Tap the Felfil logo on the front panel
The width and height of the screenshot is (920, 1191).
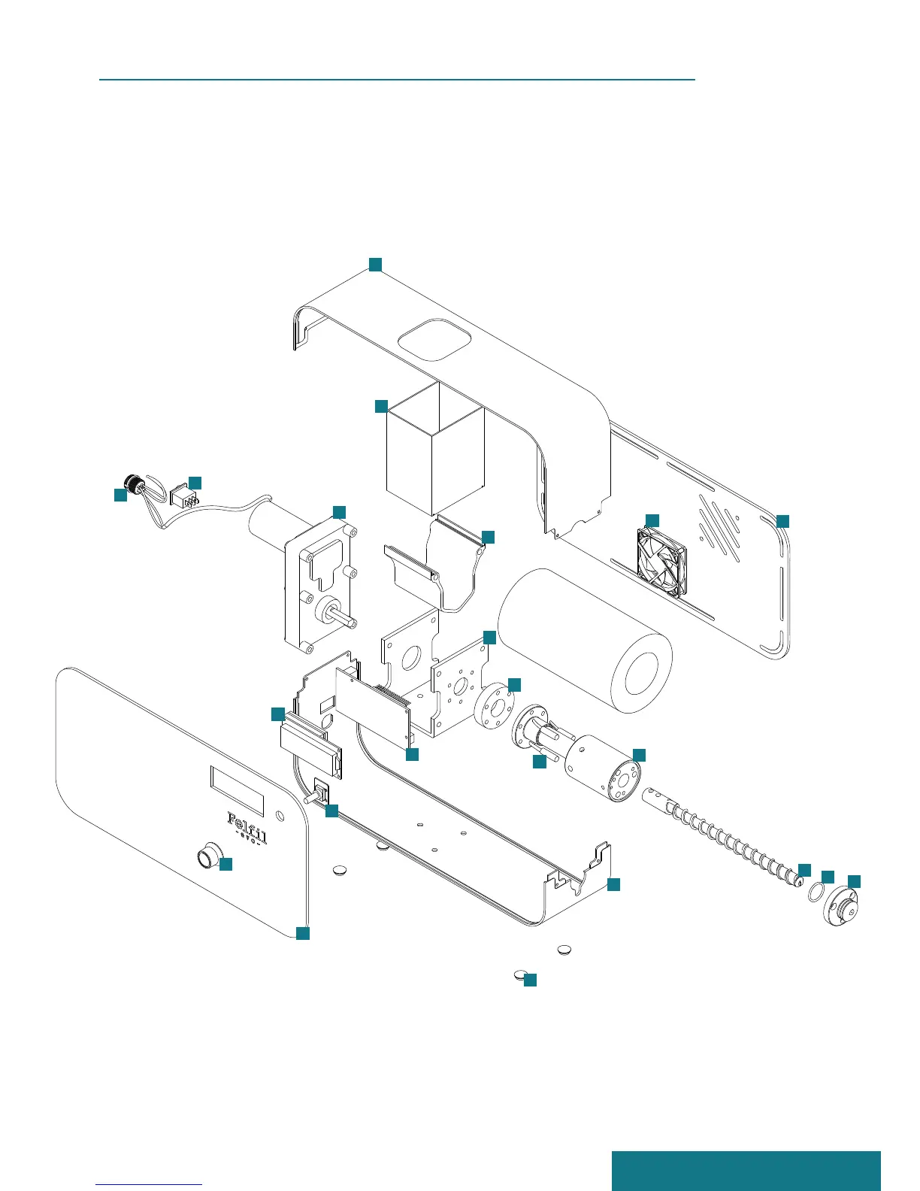(x=247, y=820)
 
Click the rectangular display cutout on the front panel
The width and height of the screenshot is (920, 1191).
(x=237, y=790)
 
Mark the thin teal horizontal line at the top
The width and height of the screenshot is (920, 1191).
(x=397, y=78)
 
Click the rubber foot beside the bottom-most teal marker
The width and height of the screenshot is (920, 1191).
(x=519, y=974)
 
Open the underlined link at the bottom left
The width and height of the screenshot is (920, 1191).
(x=149, y=1184)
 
